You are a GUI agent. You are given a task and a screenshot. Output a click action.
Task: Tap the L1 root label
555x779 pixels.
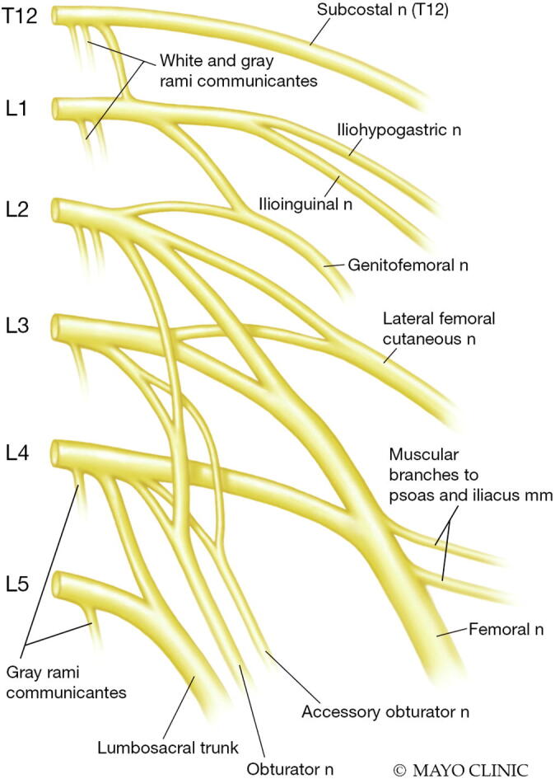pyautogui.click(x=16, y=109)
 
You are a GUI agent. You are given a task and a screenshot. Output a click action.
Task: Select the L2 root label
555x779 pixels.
pyautogui.click(x=16, y=209)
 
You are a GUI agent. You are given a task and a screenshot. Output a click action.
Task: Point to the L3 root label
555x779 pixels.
pyautogui.click(x=16, y=326)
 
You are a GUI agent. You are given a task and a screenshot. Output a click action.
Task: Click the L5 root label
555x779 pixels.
pyautogui.click(x=16, y=586)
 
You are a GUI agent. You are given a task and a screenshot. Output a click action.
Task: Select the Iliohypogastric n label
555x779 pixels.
pyautogui.click(x=398, y=129)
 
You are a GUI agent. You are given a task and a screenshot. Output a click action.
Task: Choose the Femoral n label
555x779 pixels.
pyautogui.click(x=506, y=631)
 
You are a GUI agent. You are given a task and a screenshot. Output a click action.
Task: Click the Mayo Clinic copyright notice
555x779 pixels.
pyautogui.click(x=459, y=769)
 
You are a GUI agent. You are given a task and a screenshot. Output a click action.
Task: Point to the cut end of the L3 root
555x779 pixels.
pyautogui.click(x=57, y=326)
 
